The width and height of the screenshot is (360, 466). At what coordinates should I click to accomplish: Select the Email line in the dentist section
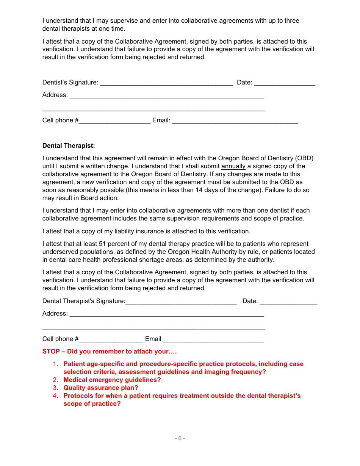pos(235,122)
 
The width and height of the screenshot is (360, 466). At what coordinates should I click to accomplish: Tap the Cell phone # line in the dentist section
pos(114,122)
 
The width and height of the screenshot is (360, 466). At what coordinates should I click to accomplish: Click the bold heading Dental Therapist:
pos(69,145)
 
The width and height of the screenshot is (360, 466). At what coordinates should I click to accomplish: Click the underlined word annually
pos(233,166)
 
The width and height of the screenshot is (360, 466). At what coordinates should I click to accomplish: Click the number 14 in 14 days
pos(199,190)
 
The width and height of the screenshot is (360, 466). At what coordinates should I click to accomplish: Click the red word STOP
pos(51,351)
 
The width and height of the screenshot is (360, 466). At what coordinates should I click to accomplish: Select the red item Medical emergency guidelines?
pos(112,380)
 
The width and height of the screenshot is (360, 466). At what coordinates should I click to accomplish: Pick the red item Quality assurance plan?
pos(101,388)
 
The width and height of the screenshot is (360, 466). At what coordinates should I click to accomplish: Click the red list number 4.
pos(55,396)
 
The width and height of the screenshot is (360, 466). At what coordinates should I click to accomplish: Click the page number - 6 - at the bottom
pos(180,438)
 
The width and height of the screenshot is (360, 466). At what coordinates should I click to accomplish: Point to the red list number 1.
pos(55,364)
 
